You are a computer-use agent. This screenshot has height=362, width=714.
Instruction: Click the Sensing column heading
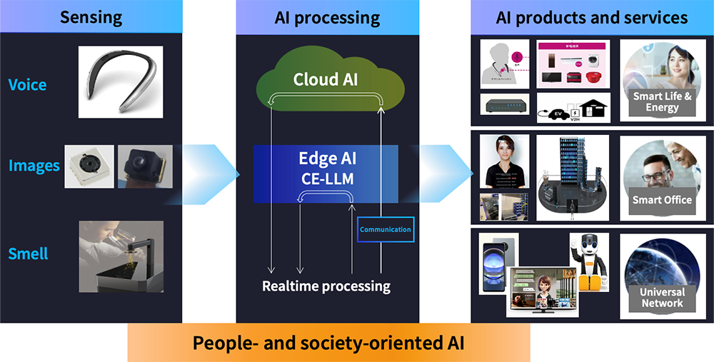91,16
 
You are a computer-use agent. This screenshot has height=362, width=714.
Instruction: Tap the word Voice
27,85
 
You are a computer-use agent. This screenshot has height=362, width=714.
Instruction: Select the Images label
34,166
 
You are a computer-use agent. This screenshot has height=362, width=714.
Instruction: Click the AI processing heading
327,17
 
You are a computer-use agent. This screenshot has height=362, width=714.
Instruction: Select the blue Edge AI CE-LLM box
326,170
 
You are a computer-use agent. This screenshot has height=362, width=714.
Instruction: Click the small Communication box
385,230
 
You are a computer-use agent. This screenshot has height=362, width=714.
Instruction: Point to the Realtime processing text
326,286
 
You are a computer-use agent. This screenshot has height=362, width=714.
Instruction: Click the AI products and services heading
592,17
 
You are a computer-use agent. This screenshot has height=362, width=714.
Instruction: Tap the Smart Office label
662,200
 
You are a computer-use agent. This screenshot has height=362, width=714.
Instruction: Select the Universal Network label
662,298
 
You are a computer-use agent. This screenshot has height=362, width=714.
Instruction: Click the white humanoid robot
588,261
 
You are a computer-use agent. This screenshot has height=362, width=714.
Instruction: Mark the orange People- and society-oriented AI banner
328,343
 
